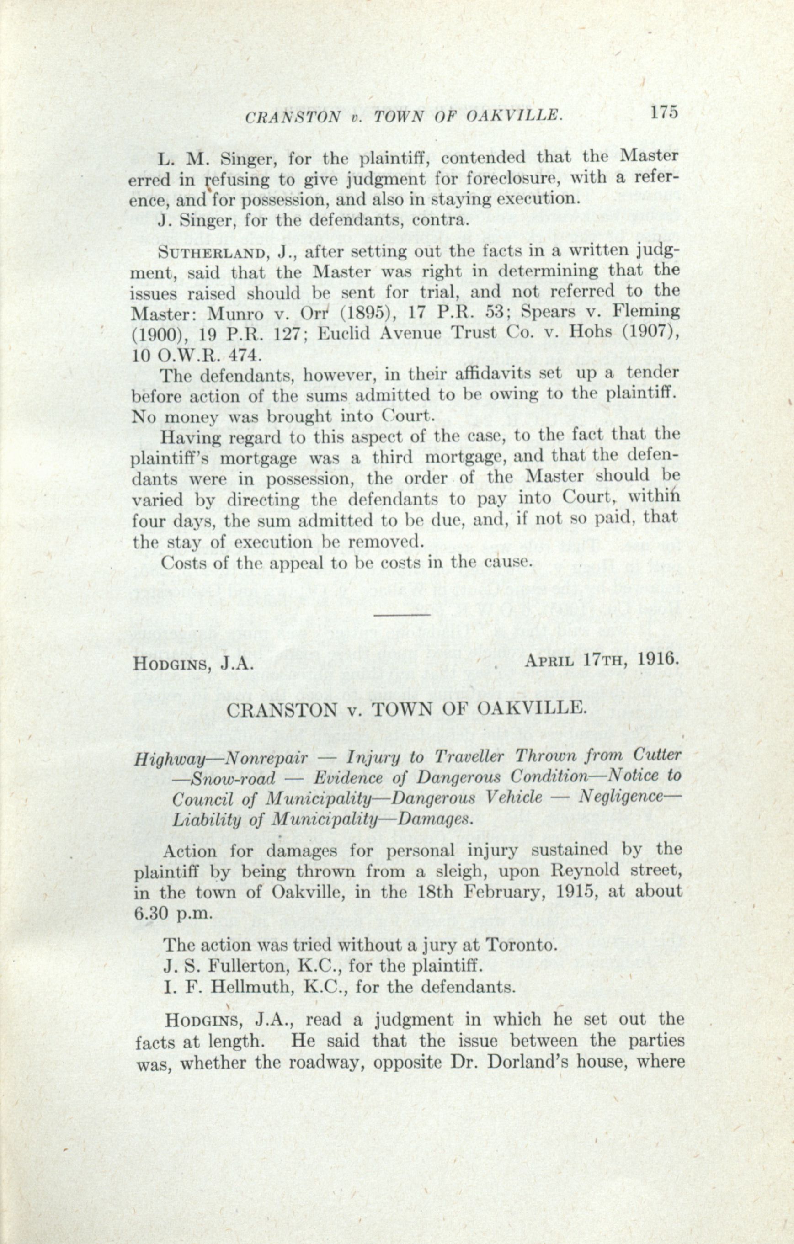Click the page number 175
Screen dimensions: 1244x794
pos(664,114)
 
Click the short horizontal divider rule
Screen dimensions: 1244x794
pos(401,614)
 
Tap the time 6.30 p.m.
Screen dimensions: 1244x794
pos(172,913)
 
